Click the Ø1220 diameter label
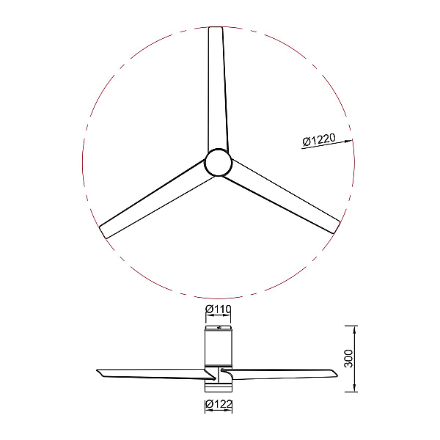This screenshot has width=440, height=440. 319,140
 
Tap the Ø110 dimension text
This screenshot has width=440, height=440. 218,309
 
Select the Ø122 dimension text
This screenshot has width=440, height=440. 219,404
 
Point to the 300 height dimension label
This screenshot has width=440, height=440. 348,359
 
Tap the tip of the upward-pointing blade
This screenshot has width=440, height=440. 216,28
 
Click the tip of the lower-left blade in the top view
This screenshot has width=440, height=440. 103,232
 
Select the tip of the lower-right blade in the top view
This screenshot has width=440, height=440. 337,228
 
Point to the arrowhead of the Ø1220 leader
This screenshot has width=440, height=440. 349,141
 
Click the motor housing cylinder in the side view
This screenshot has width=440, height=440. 219,348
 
